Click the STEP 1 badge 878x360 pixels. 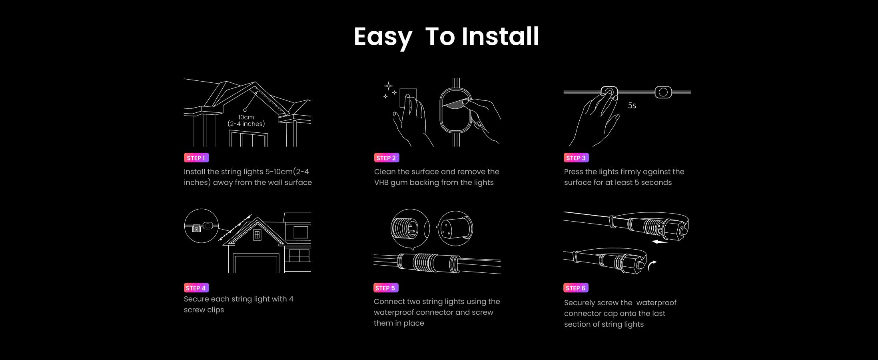(196, 158)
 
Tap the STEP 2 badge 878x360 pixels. (386, 158)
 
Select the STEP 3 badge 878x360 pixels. (576, 158)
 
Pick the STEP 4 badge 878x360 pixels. (196, 288)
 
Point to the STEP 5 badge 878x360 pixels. (386, 288)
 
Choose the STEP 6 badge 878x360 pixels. (576, 288)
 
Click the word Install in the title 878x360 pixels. (500, 36)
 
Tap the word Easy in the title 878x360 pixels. (383, 38)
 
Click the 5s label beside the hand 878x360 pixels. (632, 106)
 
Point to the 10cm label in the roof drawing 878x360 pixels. (246, 117)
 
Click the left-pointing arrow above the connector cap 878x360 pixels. (659, 242)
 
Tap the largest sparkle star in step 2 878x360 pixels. (388, 86)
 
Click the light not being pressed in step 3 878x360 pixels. (663, 92)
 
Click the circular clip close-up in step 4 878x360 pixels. (202, 226)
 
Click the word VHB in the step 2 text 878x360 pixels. (381, 182)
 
